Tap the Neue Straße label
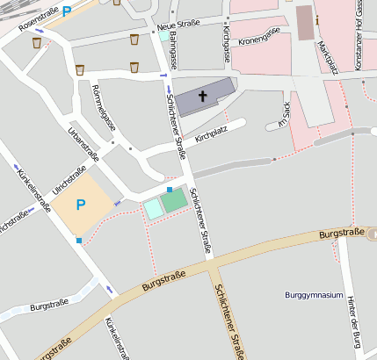click(178, 25)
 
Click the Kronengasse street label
click(259, 35)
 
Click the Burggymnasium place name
click(314, 295)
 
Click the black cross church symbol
click(204, 96)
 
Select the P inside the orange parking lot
click(81, 205)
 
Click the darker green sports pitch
click(174, 200)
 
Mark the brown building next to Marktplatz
click(304, 23)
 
